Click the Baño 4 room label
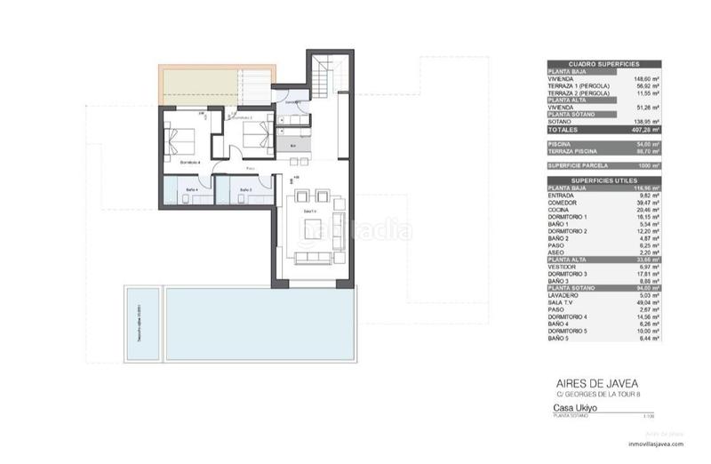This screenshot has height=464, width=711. coord(192,190)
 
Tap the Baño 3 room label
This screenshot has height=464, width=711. coord(245,190)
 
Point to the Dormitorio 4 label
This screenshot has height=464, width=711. coord(190,163)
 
